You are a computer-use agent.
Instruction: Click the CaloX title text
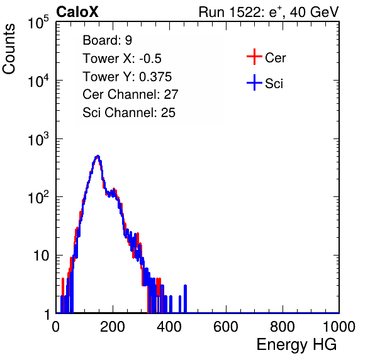(77, 12)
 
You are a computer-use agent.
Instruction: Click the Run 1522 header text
(269, 12)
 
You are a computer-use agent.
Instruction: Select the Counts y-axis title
(9, 49)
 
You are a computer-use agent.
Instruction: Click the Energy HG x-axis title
(296, 345)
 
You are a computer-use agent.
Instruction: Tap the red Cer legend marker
(254, 57)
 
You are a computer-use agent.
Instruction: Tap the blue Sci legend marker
(254, 82)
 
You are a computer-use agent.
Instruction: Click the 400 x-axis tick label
(169, 327)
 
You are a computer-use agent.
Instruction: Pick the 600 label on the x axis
(226, 327)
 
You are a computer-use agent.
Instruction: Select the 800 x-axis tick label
(283, 327)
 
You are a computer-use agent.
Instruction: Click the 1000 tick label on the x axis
(339, 327)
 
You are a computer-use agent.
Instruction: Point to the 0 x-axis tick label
(56, 327)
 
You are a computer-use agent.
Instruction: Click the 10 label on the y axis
(42, 256)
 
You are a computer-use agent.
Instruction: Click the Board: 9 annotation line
(107, 40)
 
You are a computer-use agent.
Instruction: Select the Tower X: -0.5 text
(122, 59)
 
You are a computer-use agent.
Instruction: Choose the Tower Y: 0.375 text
(127, 77)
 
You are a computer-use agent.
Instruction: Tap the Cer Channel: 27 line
(130, 94)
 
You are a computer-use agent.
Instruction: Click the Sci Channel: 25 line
(129, 113)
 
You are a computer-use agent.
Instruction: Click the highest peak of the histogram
(98, 157)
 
